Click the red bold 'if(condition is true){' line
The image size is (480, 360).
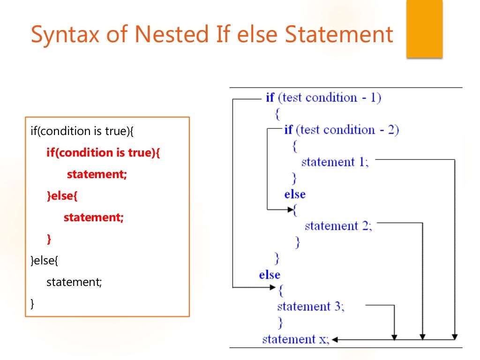click(x=103, y=153)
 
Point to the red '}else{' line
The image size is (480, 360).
click(x=62, y=196)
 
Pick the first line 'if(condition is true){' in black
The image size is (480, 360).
click(x=82, y=131)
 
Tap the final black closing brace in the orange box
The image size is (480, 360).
click(x=32, y=304)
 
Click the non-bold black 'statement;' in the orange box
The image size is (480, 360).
click(x=74, y=282)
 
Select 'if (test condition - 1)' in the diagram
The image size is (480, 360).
click(x=323, y=98)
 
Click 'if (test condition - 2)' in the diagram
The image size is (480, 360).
click(x=341, y=130)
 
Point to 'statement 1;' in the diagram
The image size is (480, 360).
click(x=335, y=162)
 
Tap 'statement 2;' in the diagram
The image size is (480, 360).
click(x=338, y=226)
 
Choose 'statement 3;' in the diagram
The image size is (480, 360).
click(x=310, y=307)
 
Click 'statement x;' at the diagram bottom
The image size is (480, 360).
click(x=296, y=339)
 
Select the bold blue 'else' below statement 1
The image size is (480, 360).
click(x=295, y=194)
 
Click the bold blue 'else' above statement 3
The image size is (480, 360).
click(x=270, y=275)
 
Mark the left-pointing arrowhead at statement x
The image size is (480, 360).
click(x=336, y=339)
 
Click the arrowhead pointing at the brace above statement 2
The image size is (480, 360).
click(x=289, y=210)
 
